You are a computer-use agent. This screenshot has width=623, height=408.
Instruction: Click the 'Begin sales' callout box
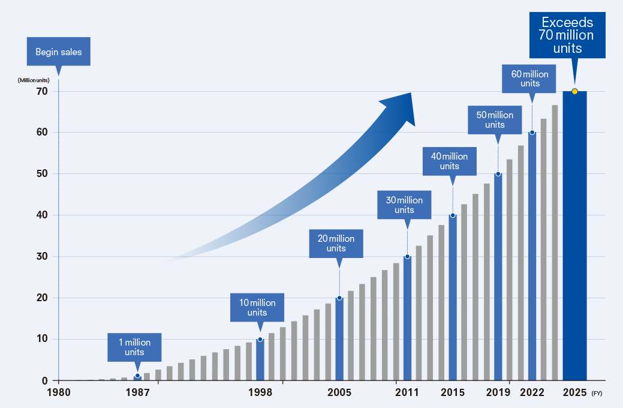click(x=58, y=52)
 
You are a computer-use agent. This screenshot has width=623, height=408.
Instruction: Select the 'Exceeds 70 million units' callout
click(x=567, y=35)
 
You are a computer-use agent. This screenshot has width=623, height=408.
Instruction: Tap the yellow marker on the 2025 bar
click(x=574, y=91)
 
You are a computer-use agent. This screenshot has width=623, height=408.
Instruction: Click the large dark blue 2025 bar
click(x=574, y=240)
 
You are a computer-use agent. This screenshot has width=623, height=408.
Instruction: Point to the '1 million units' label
click(x=134, y=347)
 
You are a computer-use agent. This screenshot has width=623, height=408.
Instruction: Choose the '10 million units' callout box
click(x=257, y=307)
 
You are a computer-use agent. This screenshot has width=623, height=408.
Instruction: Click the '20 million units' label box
click(x=336, y=243)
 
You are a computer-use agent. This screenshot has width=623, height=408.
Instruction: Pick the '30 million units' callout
click(x=404, y=205)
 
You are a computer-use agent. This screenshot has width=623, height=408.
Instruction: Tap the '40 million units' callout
click(x=449, y=161)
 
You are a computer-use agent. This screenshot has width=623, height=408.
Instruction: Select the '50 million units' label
click(x=495, y=119)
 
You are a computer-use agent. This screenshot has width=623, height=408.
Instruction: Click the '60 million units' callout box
click(x=529, y=78)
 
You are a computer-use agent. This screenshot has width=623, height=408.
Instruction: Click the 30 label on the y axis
click(x=41, y=257)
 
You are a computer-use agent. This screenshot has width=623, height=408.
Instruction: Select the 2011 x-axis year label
click(x=407, y=392)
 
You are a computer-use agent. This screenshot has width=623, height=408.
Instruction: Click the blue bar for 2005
click(x=339, y=339)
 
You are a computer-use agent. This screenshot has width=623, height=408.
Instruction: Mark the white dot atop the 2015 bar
click(x=453, y=215)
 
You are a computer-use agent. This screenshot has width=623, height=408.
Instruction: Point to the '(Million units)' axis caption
click(x=34, y=80)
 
